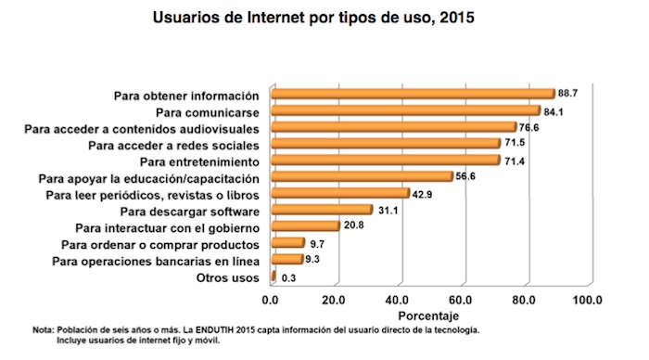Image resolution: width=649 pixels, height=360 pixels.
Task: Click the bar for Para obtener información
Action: [412, 94]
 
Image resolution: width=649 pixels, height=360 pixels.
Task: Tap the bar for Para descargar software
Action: [321, 210]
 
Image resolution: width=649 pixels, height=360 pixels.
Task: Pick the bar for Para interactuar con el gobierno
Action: [304, 225]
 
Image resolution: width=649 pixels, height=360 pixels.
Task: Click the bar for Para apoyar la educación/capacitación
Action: [361, 176]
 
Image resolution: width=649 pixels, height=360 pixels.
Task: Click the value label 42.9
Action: [424, 193]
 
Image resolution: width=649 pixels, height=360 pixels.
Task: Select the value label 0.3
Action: [288, 277]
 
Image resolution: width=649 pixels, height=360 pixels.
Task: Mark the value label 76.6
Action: [529, 127]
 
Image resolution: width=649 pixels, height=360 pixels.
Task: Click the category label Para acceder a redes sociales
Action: [173, 145]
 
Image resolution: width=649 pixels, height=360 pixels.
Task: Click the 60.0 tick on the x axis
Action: [461, 301]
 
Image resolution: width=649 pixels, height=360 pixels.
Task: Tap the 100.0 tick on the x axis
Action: [587, 301]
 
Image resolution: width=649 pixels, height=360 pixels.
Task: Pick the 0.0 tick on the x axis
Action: [271, 301]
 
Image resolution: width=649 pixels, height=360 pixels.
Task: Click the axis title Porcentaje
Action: [429, 316]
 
